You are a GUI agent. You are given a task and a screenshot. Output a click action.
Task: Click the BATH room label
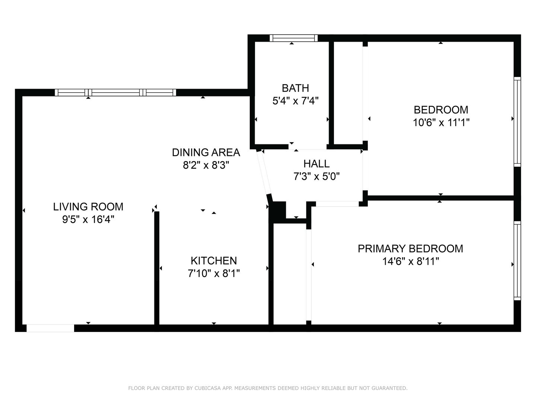295,88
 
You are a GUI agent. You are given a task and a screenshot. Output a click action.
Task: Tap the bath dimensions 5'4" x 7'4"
296,100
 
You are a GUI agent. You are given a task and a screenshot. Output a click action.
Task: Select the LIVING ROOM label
88,207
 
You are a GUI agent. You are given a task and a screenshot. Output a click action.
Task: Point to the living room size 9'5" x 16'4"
88,220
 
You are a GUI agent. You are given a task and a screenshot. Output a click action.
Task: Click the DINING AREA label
206,153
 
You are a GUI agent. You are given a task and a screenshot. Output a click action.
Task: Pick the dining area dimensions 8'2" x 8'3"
206,165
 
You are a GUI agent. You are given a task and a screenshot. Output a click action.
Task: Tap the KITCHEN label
214,261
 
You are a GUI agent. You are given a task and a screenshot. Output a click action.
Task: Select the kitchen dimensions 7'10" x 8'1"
214,273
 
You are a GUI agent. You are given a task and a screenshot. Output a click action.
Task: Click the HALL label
316,164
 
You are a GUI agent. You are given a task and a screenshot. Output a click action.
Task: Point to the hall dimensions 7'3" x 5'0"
316,176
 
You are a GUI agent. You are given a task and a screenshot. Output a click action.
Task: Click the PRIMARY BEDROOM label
411,249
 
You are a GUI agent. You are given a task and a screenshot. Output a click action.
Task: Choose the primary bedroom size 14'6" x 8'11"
411,261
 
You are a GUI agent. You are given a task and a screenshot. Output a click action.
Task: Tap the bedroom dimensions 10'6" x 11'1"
441,122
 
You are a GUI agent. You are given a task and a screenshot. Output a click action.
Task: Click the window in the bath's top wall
294,38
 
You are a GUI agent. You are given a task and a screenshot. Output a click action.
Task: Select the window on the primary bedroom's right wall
517,261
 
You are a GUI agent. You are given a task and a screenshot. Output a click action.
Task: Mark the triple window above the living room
115,93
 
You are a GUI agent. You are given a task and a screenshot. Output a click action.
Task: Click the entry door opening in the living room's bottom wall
50,328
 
